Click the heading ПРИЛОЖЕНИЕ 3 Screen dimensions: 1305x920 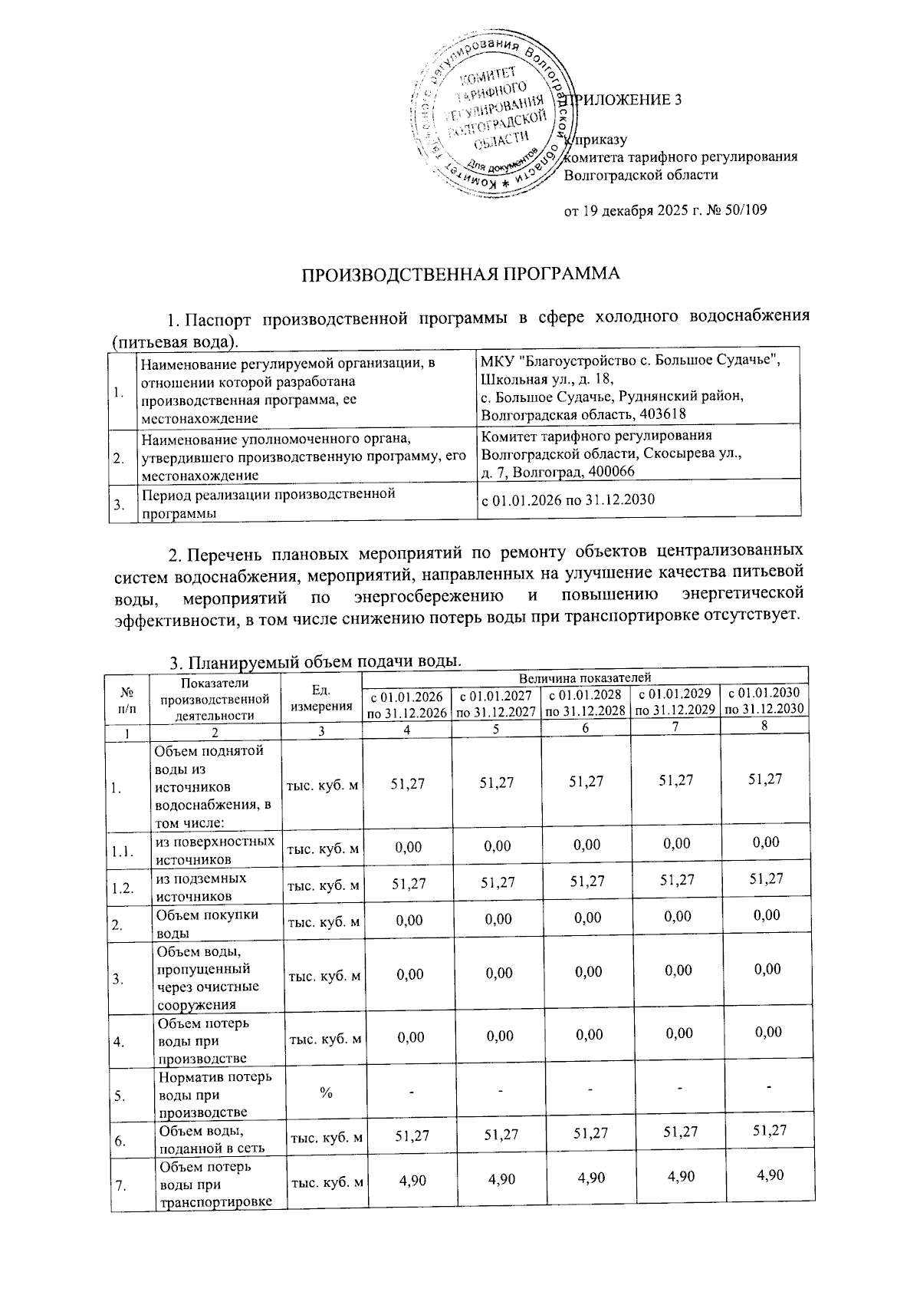pos(626,101)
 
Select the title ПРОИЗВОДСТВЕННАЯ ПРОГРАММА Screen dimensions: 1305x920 pos(459,275)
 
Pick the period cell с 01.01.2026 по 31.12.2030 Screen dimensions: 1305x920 pos(568,500)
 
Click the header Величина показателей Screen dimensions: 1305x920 pos(584,677)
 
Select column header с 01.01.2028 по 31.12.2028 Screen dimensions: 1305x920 pos(585,704)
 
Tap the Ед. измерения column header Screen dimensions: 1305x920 pos(321,698)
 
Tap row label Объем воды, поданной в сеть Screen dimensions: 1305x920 pos(212,1139)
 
